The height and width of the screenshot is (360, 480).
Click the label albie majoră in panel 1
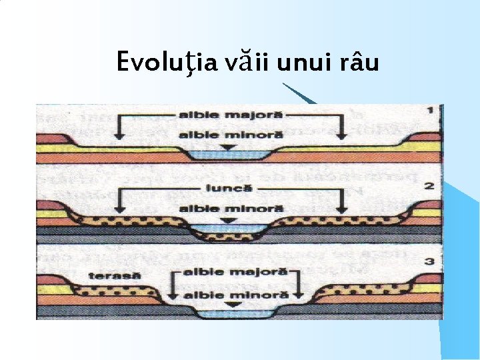(x=230, y=115)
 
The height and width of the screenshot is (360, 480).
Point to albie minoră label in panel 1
(x=230, y=135)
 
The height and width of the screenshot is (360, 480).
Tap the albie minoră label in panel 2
(x=230, y=208)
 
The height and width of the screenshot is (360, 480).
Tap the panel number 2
(x=431, y=185)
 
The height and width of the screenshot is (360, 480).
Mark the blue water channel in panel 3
(x=230, y=312)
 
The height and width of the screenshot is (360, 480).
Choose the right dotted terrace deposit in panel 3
(x=360, y=291)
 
